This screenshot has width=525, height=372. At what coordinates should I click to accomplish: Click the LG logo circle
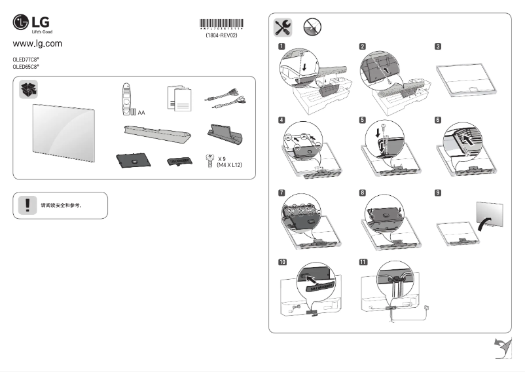point(22,24)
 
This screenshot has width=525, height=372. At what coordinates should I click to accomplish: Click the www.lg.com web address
point(37,44)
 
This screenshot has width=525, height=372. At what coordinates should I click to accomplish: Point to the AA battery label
point(141,113)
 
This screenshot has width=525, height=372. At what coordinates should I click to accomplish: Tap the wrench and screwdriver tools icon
point(283,27)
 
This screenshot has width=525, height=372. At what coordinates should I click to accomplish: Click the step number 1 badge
point(281,47)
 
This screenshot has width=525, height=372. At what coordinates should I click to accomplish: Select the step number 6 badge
point(437,121)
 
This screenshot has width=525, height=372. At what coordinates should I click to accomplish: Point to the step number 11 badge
point(363,262)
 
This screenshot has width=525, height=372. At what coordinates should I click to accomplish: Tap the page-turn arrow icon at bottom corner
point(501,349)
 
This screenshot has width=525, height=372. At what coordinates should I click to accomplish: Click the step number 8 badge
point(363,193)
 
